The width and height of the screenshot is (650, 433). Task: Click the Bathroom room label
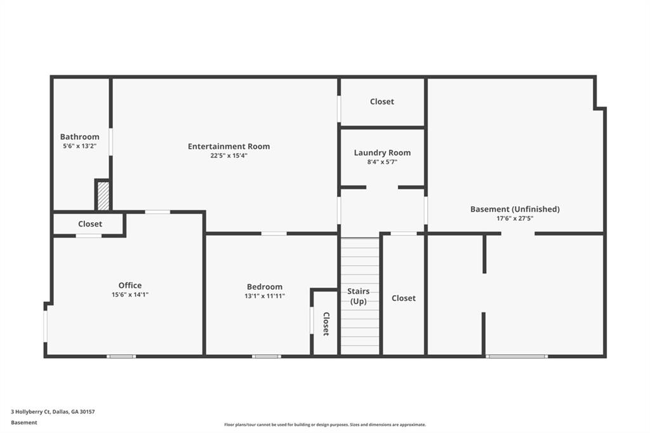(80, 137)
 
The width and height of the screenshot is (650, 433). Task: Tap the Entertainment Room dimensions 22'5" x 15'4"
(229, 156)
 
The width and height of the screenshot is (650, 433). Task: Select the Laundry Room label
(382, 152)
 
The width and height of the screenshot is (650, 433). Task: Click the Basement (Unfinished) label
(515, 209)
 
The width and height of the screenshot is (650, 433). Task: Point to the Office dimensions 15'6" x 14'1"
(129, 295)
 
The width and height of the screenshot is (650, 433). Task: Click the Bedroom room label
(265, 286)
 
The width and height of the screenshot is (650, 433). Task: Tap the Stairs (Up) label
(359, 296)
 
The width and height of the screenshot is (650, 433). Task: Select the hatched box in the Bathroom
(103, 196)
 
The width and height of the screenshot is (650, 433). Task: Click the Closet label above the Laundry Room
(382, 102)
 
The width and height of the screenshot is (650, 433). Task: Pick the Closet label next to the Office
(90, 224)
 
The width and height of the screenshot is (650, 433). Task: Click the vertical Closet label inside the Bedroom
(326, 324)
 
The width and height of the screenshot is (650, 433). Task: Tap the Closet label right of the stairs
(404, 298)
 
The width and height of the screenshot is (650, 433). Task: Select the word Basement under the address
(24, 422)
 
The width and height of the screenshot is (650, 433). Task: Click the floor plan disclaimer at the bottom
(324, 425)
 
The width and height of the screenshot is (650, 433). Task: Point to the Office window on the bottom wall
(121, 356)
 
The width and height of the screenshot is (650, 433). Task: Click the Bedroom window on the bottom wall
(267, 356)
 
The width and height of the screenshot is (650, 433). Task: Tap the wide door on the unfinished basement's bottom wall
(517, 356)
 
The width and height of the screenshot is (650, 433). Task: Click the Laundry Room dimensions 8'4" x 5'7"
(382, 162)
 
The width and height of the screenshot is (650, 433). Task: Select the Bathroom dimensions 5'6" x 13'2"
(80, 146)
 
